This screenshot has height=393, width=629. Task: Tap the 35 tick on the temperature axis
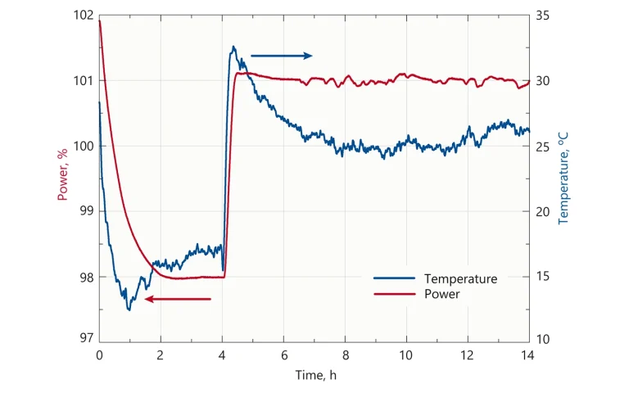tap(542, 16)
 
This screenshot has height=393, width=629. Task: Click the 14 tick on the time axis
tap(528, 356)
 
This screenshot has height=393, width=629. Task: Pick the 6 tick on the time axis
tap(283, 356)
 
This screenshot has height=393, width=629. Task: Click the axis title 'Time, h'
tap(315, 376)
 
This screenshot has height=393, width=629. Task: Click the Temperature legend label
tap(460, 278)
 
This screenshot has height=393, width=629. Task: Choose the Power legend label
tap(442, 293)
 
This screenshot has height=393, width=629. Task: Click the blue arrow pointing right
tap(281, 56)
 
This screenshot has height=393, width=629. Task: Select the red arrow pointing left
tap(178, 299)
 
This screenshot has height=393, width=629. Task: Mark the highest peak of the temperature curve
tap(233, 47)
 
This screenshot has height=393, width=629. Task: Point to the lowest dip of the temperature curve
tap(129, 309)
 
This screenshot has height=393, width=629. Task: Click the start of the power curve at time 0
tap(100, 20)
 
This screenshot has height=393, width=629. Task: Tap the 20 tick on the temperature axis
tap(542, 210)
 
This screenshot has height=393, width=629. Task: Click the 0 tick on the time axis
tap(99, 356)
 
